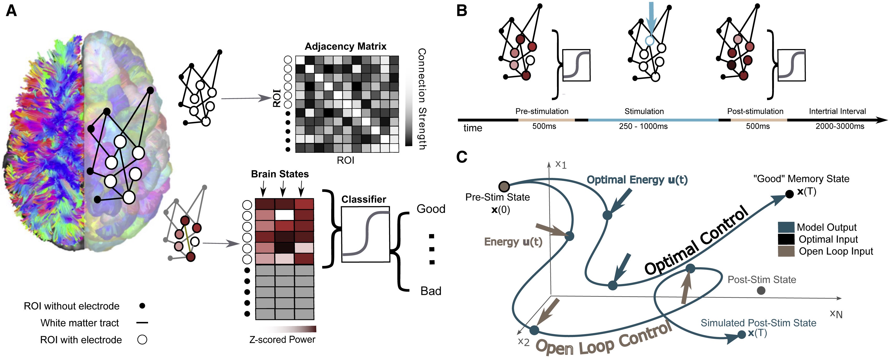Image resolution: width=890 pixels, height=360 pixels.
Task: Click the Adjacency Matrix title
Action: [346, 46]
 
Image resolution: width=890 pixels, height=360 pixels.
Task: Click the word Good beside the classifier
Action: [431, 209]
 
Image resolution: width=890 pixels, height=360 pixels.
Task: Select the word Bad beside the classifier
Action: [431, 291]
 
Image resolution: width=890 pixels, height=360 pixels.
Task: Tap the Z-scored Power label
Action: [282, 340]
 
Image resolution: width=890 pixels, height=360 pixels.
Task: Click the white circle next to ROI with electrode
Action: [142, 340]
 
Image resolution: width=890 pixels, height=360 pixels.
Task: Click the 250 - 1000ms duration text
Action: [643, 126]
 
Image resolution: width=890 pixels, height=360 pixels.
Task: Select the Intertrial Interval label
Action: [838, 111]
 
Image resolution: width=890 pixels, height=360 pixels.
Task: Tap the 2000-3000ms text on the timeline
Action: [840, 126]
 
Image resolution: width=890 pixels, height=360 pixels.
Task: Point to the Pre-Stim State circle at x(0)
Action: [505, 187]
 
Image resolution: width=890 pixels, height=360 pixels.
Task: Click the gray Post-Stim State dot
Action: [761, 291]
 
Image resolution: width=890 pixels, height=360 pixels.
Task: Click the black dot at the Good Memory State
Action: [789, 194]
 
